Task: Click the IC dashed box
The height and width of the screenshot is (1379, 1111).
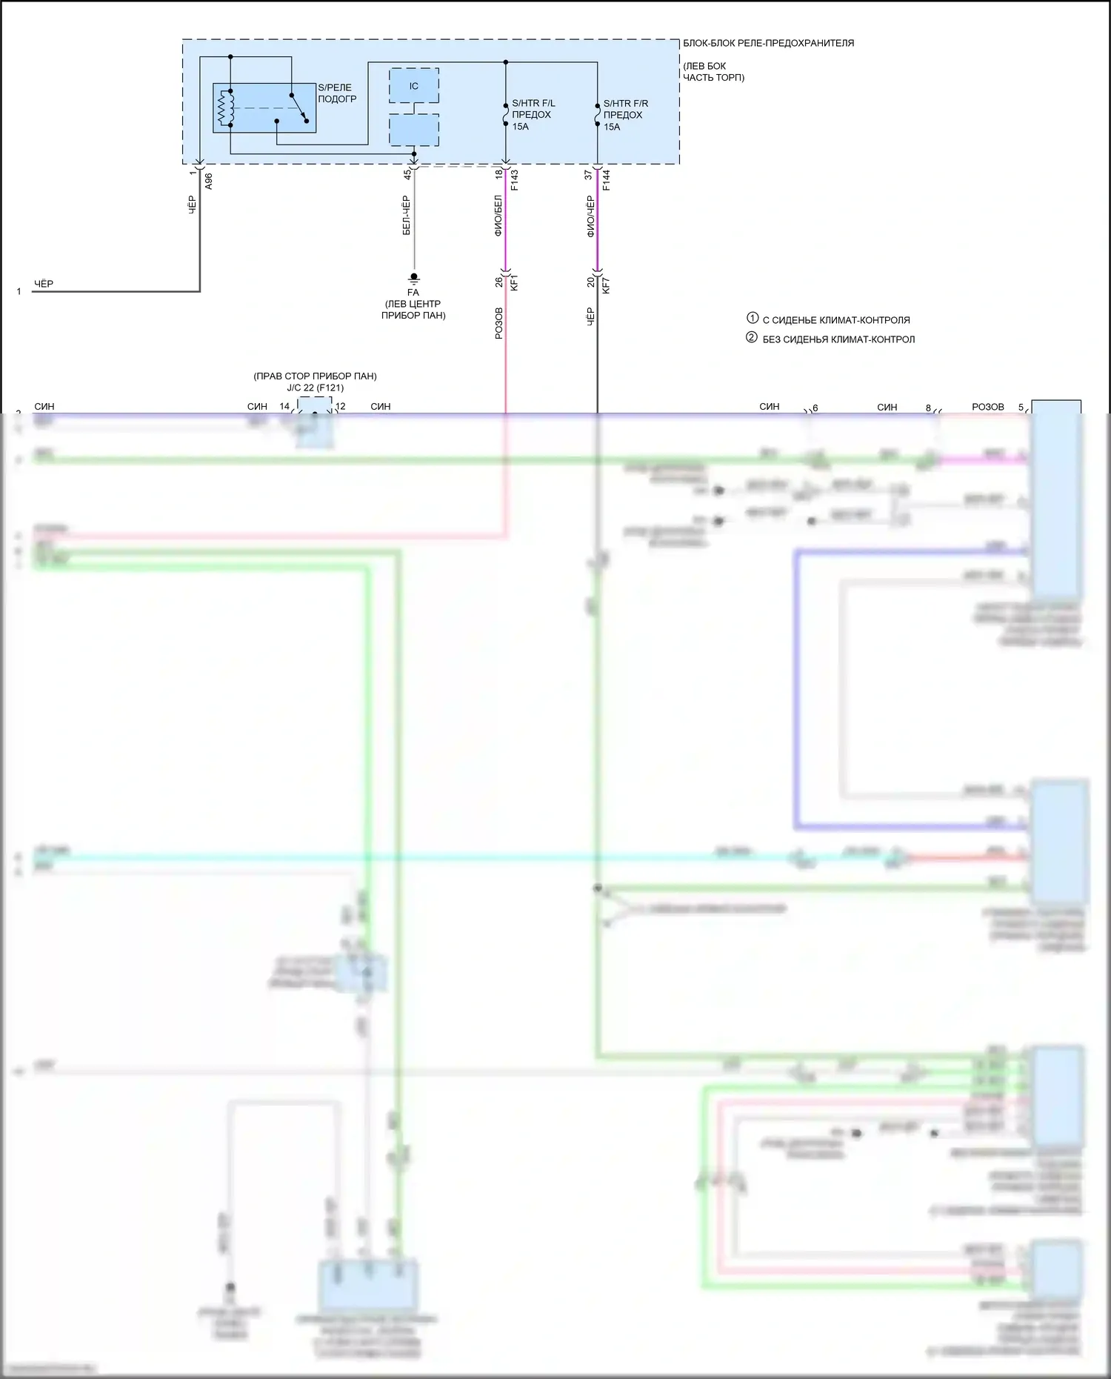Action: (x=414, y=86)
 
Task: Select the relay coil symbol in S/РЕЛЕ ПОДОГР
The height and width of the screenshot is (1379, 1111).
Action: (x=224, y=108)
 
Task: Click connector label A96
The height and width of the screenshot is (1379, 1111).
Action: (x=209, y=182)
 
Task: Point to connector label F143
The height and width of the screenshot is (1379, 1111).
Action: (x=515, y=180)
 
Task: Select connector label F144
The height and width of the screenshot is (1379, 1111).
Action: (x=607, y=180)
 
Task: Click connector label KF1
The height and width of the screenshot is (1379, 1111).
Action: (x=515, y=282)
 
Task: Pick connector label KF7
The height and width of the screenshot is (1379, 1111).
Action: (x=607, y=282)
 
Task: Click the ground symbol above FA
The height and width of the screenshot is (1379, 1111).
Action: (x=414, y=278)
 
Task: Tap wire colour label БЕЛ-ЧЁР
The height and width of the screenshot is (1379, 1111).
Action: (x=406, y=216)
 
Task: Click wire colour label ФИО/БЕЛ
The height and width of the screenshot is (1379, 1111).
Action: (x=498, y=216)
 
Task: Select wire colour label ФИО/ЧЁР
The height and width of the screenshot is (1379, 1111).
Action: (x=590, y=216)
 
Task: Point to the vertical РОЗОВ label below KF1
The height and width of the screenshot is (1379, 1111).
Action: (x=498, y=324)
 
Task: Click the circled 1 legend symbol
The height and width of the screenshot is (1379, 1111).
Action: (x=752, y=319)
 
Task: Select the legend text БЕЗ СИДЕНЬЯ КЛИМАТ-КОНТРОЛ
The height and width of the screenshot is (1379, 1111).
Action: (x=838, y=339)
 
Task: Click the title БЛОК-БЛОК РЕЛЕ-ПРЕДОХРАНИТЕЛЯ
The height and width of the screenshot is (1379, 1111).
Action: (x=768, y=43)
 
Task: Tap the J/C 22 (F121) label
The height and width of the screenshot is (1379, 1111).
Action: (x=315, y=388)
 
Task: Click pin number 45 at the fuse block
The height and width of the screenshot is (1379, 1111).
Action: (x=407, y=174)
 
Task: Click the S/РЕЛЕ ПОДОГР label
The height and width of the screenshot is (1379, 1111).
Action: (x=337, y=93)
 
